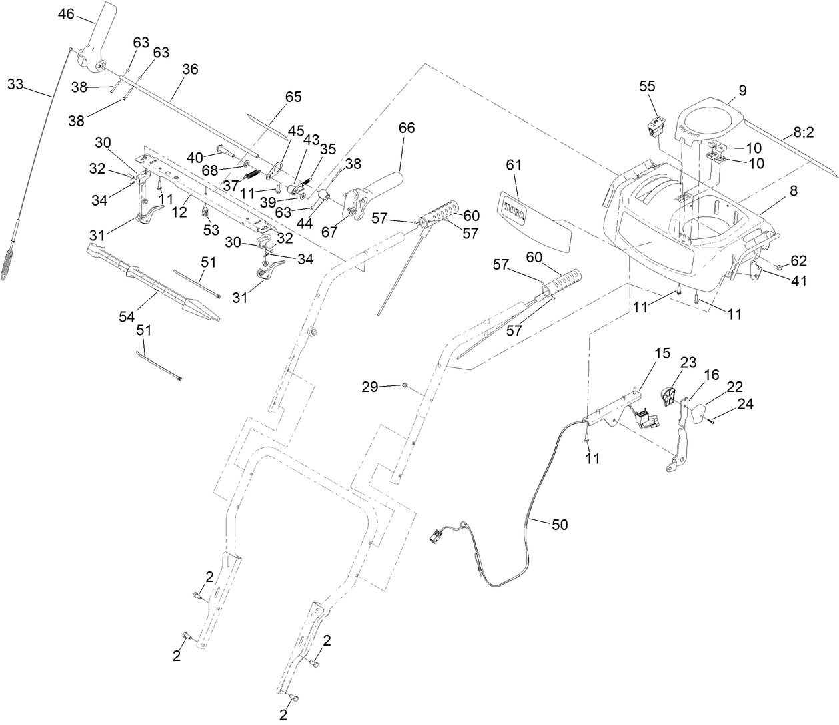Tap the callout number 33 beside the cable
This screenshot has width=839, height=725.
pos(16,84)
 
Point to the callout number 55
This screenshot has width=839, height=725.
pos(647,86)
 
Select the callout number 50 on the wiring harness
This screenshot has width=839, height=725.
pos(560,525)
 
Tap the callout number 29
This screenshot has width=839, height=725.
pos(371,386)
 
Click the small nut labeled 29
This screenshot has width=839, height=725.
pos(405,385)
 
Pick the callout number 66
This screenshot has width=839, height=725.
pos(407,128)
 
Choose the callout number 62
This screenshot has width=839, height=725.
pos(798,260)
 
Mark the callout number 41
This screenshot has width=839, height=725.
pos(798,282)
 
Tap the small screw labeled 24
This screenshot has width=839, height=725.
pos(712,419)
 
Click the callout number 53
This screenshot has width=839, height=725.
pos(211,230)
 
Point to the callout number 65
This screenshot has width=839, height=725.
pos(293,97)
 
